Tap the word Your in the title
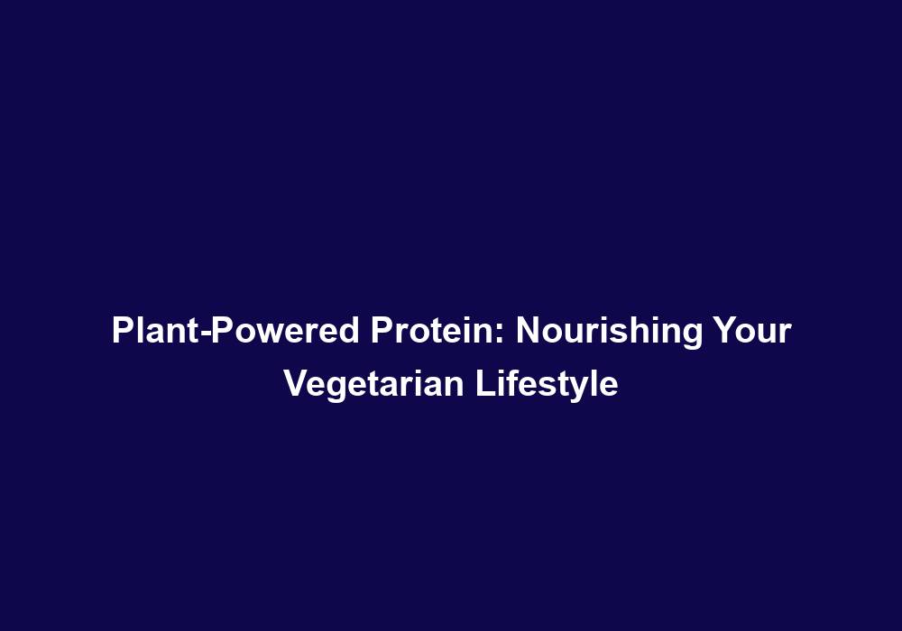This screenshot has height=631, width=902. (752, 331)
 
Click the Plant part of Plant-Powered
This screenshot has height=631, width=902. (156, 331)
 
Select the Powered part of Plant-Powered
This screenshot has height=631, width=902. (285, 331)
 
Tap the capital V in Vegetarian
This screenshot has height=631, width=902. (295, 383)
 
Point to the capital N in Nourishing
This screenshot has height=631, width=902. (529, 331)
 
